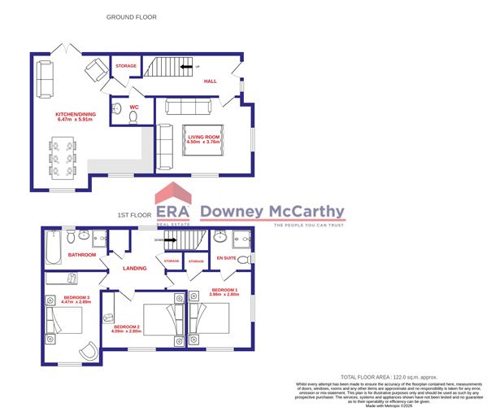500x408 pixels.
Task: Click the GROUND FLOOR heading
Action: (132, 16)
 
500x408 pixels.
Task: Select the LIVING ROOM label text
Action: (204, 138)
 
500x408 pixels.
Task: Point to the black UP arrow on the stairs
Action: (186, 68)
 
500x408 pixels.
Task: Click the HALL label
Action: (210, 81)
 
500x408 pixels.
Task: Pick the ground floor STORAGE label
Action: (126, 65)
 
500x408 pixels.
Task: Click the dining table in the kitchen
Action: (62, 159)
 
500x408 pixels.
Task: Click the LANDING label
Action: (134, 269)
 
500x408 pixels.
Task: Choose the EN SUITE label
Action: (225, 257)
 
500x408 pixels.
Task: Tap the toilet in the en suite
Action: (220, 238)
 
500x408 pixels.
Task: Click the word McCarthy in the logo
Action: (305, 212)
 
